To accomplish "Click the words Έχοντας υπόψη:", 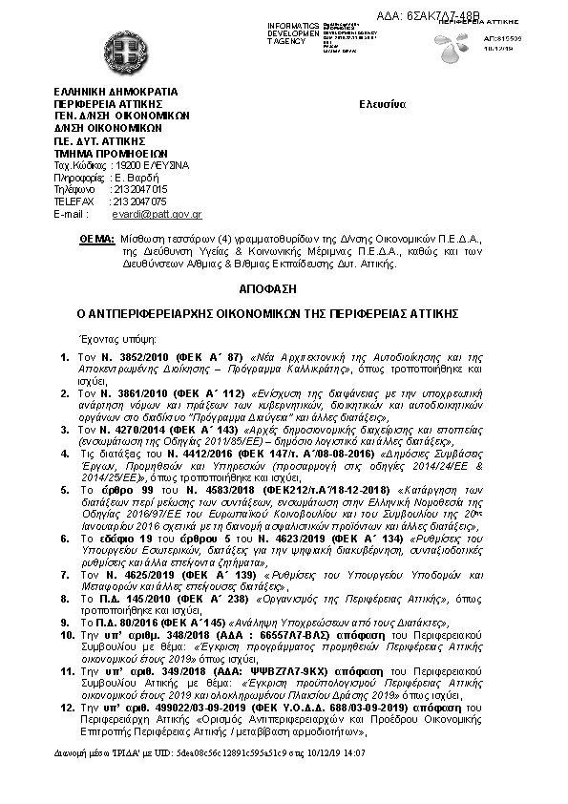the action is point(107,337).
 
